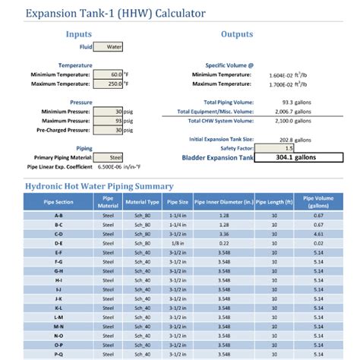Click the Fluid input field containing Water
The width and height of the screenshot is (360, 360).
(x=109, y=46)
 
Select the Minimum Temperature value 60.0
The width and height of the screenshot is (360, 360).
(x=106, y=74)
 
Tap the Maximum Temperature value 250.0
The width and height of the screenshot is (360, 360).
(x=106, y=84)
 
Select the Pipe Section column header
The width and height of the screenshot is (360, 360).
(x=59, y=202)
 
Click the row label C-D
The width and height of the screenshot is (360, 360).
(x=59, y=234)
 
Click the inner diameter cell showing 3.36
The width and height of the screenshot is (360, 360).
(x=224, y=234)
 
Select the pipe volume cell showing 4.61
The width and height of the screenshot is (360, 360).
(x=318, y=234)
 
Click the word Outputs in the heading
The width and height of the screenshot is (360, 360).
(x=237, y=34)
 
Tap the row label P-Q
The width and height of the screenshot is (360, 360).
(x=59, y=353)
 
